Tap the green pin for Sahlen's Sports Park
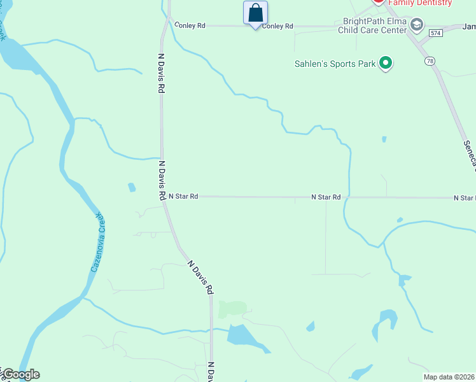[385, 63]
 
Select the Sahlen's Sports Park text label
[335, 64]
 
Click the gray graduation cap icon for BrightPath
[417, 25]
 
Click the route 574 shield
[435, 32]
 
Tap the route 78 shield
[431, 60]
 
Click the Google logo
[20, 374]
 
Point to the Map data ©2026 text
[449, 376]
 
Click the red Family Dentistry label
[420, 3]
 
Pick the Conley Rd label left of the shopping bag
[190, 25]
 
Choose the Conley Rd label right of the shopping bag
[277, 26]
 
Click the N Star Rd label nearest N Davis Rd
[183, 197]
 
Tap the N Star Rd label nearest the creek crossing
[326, 197]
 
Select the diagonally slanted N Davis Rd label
[200, 276]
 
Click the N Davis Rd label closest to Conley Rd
[161, 74]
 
